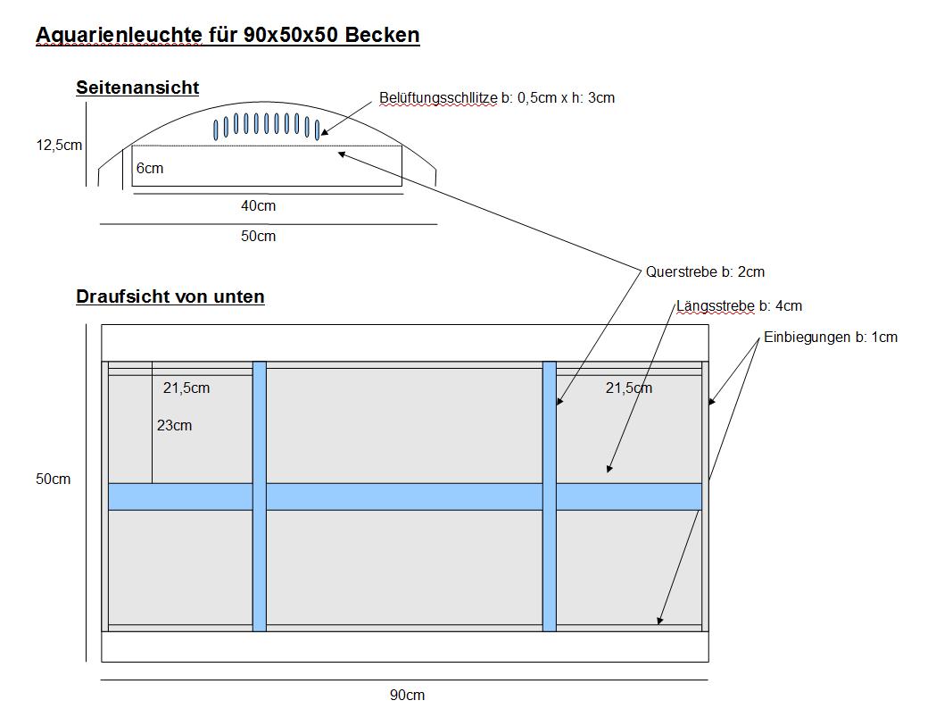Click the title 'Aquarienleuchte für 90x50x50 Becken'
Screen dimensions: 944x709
coord(228,35)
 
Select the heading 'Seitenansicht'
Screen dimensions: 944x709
coord(137,88)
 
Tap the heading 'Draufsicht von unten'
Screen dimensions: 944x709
coord(170,296)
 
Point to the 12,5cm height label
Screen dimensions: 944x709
coord(59,146)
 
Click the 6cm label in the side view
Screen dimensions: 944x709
coord(150,168)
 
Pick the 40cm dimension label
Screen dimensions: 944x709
coord(258,206)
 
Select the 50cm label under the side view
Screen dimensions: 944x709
coord(258,236)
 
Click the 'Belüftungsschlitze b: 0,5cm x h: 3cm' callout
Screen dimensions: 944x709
coord(497,98)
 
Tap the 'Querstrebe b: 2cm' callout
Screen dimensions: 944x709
coord(705,271)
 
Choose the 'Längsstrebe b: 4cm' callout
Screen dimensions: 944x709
coord(740,306)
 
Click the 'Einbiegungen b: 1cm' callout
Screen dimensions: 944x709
coord(831,338)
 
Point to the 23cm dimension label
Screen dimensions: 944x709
coord(175,426)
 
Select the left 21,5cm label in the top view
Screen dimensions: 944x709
coord(186,388)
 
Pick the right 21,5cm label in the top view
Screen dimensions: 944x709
coord(629,388)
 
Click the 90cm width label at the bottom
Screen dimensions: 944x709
coord(408,695)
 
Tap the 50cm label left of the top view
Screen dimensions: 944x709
coord(53,479)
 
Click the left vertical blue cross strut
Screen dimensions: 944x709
coord(260,496)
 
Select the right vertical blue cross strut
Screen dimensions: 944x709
coord(550,496)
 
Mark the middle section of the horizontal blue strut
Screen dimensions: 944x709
coord(404,497)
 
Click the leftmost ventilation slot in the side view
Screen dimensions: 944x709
coord(216,130)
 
